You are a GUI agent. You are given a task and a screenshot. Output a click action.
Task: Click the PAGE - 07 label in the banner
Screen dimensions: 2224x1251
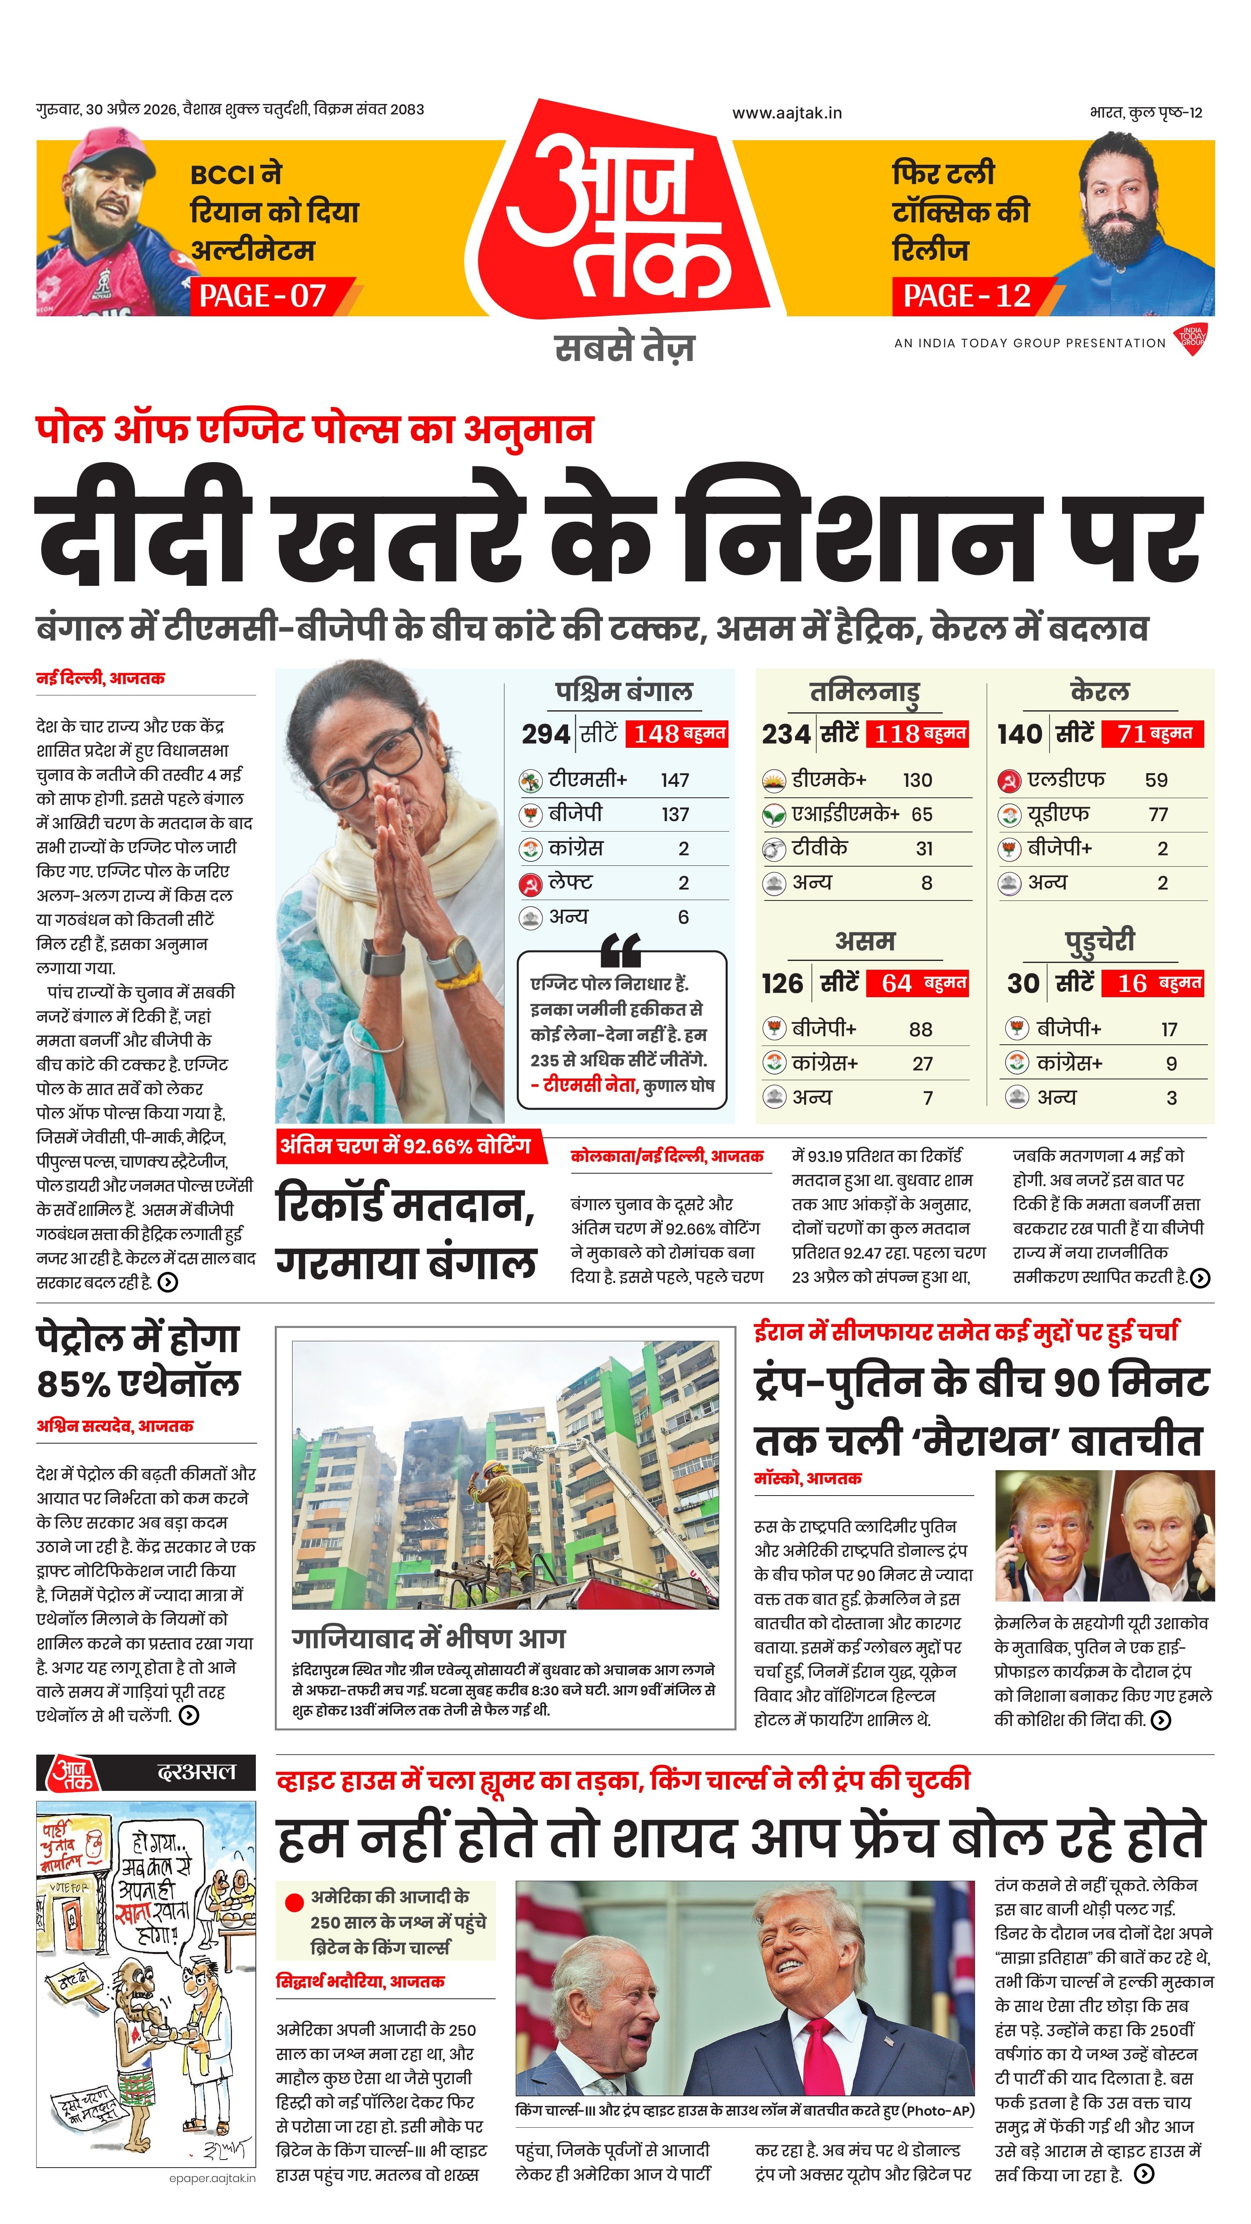263,296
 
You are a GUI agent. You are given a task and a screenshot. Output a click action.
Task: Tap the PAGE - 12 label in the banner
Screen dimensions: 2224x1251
967,296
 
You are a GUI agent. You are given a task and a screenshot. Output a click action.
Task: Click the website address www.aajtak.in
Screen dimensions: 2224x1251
786,113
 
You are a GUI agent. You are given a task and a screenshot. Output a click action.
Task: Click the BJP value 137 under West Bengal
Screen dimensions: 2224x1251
675,814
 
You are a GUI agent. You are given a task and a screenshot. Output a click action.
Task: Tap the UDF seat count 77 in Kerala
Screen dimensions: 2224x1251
1159,814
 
